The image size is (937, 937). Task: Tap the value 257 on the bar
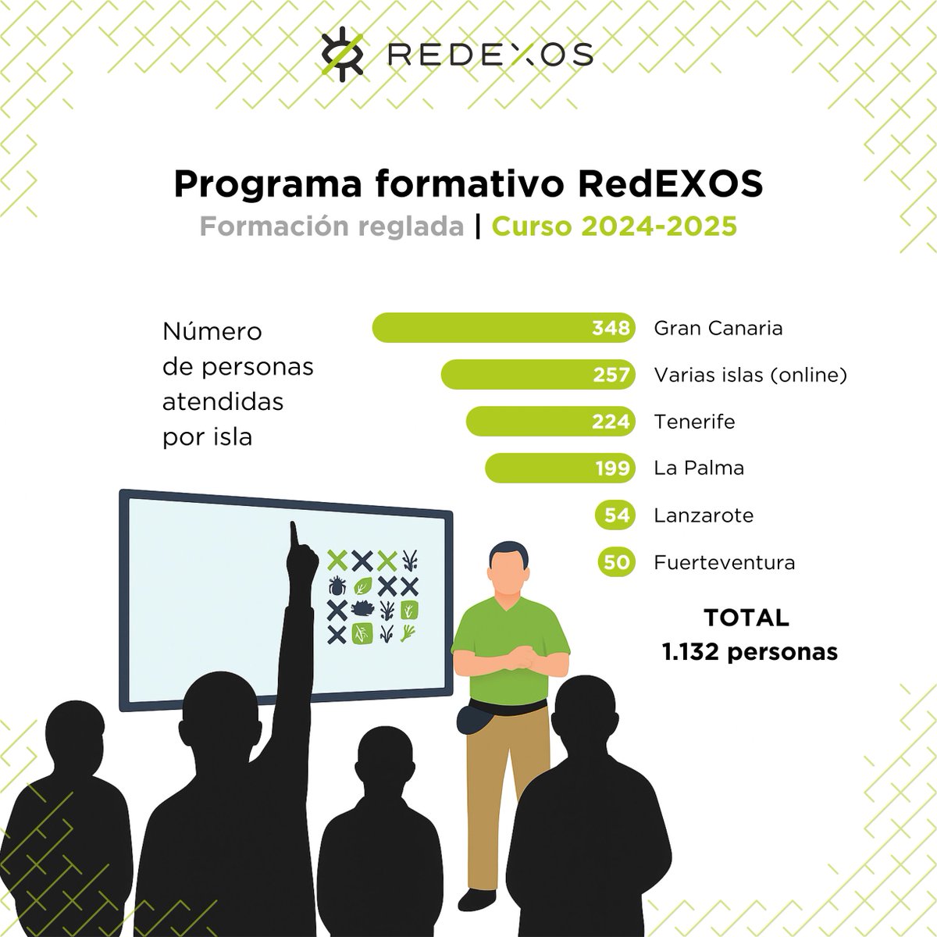pos(611,375)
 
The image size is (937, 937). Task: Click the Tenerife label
pos(694,422)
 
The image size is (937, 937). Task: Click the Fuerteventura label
pos(724,562)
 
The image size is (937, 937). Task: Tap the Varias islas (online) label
pos(750,376)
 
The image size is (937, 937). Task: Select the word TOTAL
pos(746,618)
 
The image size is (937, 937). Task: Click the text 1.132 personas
pos(749,651)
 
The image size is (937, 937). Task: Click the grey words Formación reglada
pos(331,226)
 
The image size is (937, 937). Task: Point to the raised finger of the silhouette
pos(295,534)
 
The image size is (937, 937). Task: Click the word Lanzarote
pos(703,515)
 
